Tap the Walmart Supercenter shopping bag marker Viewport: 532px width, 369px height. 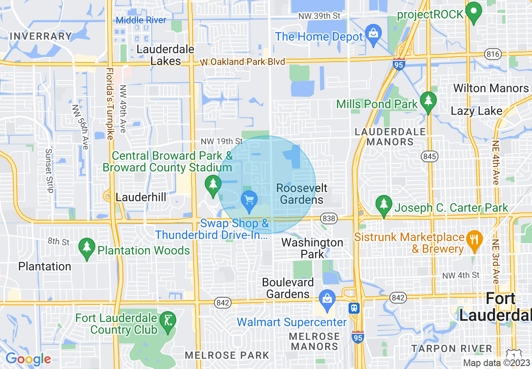point(326,299)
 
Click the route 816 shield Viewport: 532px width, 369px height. point(492,54)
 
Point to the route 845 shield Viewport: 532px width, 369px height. point(430,156)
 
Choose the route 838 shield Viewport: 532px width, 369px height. point(329,218)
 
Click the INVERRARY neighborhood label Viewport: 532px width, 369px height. point(41,36)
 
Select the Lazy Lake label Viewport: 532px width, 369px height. point(476,111)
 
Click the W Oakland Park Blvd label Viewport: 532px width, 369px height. point(242,62)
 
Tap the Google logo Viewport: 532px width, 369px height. point(28,359)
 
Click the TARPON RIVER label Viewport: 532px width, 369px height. point(451,348)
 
